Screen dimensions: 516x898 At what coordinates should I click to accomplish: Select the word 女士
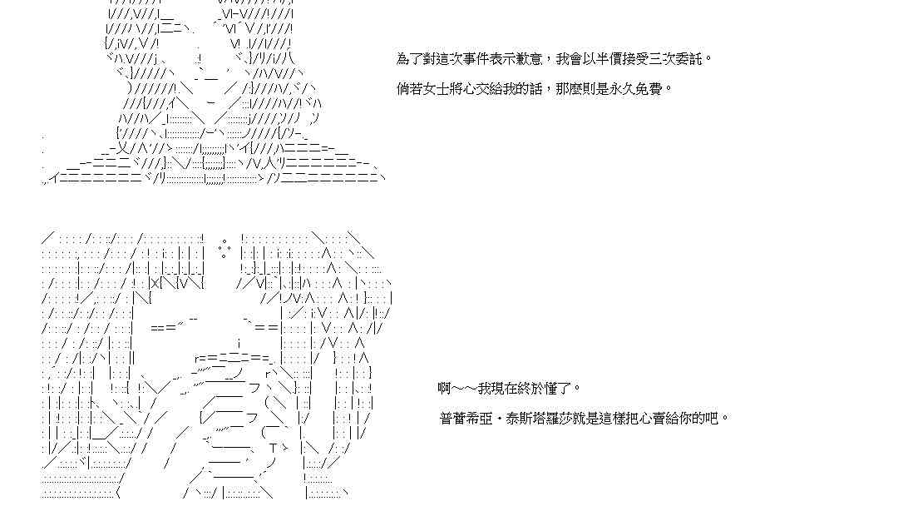coord(436,88)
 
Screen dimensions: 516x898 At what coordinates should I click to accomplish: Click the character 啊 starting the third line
coord(444,388)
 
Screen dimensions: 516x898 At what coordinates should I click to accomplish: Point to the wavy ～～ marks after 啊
coord(464,388)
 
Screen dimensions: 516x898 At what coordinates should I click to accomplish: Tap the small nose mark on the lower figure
coord(239,343)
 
